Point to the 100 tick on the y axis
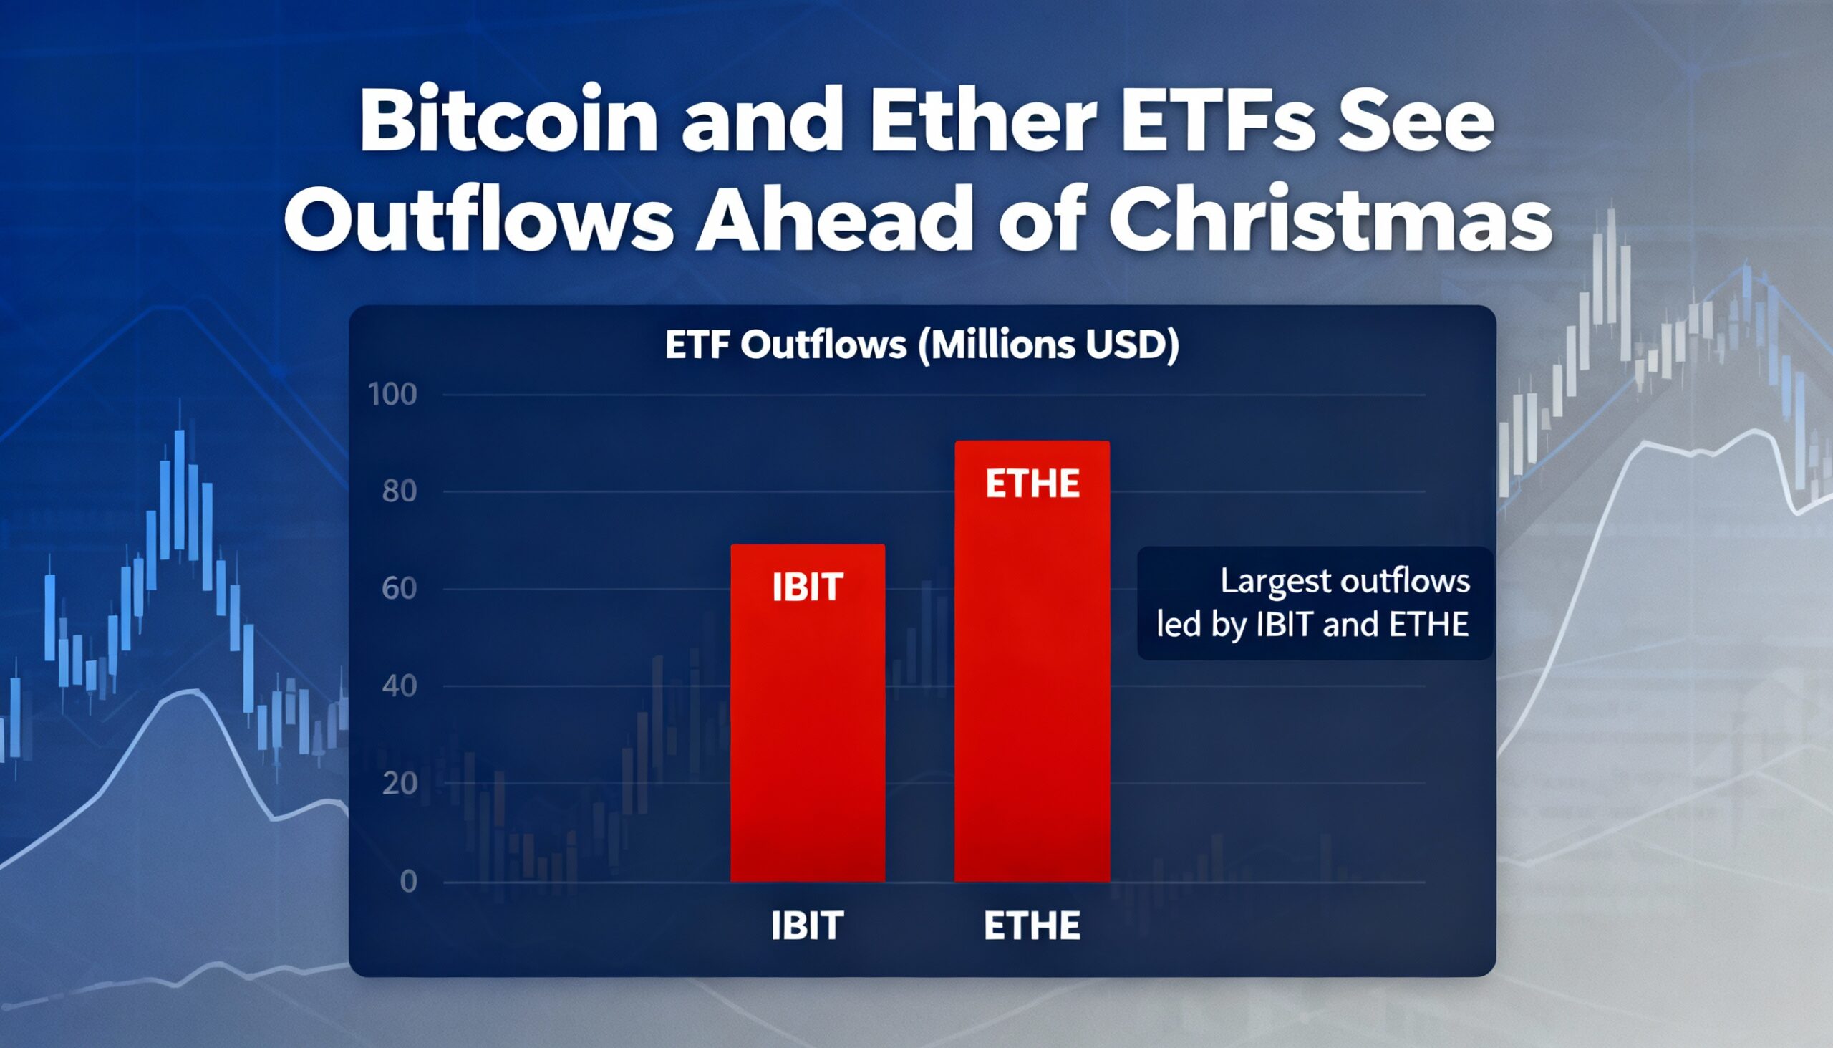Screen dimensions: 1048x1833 point(392,395)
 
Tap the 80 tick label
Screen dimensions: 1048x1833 point(400,491)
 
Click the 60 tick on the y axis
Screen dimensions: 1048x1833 point(400,589)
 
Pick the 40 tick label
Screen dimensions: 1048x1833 point(400,686)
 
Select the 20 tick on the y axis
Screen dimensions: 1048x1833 point(400,783)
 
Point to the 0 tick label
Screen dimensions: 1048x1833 point(408,881)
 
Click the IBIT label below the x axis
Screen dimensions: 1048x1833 point(807,926)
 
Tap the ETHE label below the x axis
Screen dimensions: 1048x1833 point(1032,926)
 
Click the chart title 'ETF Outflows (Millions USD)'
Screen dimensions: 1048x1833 point(922,345)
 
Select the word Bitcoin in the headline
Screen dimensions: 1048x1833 point(508,120)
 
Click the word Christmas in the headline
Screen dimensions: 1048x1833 point(1330,218)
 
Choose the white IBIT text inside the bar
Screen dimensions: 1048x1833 point(807,587)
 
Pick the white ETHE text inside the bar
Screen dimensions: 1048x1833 point(1032,483)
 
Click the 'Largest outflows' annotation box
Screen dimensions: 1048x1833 point(1314,602)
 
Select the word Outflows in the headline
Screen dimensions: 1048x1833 point(478,218)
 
